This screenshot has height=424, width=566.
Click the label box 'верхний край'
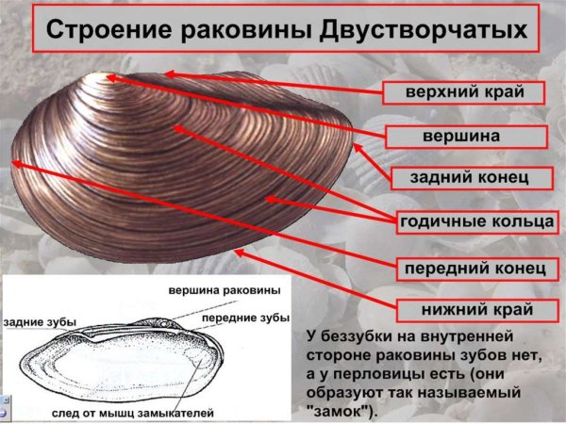[464, 92]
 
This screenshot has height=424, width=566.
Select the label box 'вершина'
[464, 135]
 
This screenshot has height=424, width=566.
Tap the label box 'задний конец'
[465, 177]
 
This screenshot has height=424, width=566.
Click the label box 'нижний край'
[466, 309]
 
